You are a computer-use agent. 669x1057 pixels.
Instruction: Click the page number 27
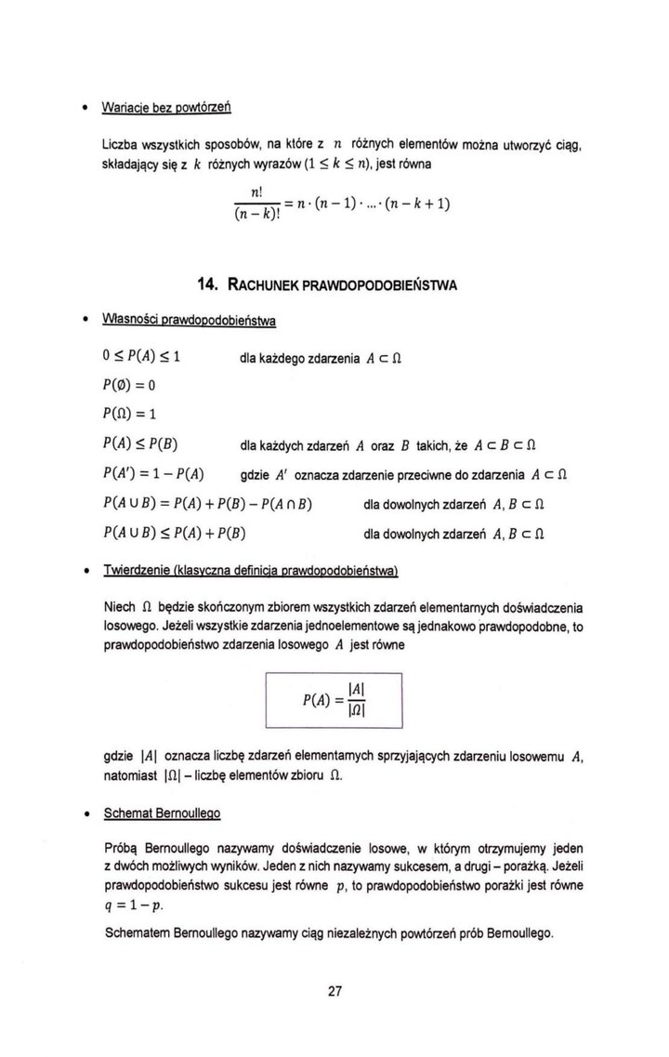(x=335, y=990)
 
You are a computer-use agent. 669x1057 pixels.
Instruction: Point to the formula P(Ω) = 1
(x=136, y=415)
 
